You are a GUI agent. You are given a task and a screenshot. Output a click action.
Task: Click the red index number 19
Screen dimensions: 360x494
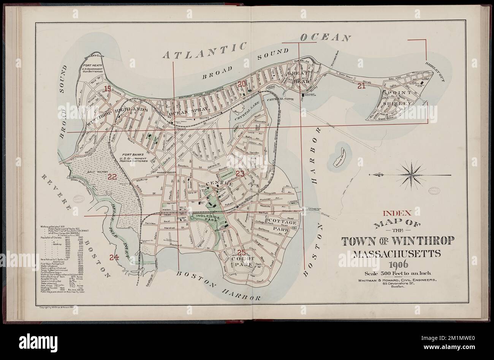108,89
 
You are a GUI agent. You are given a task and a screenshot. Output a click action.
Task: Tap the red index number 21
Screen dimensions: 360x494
361,86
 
